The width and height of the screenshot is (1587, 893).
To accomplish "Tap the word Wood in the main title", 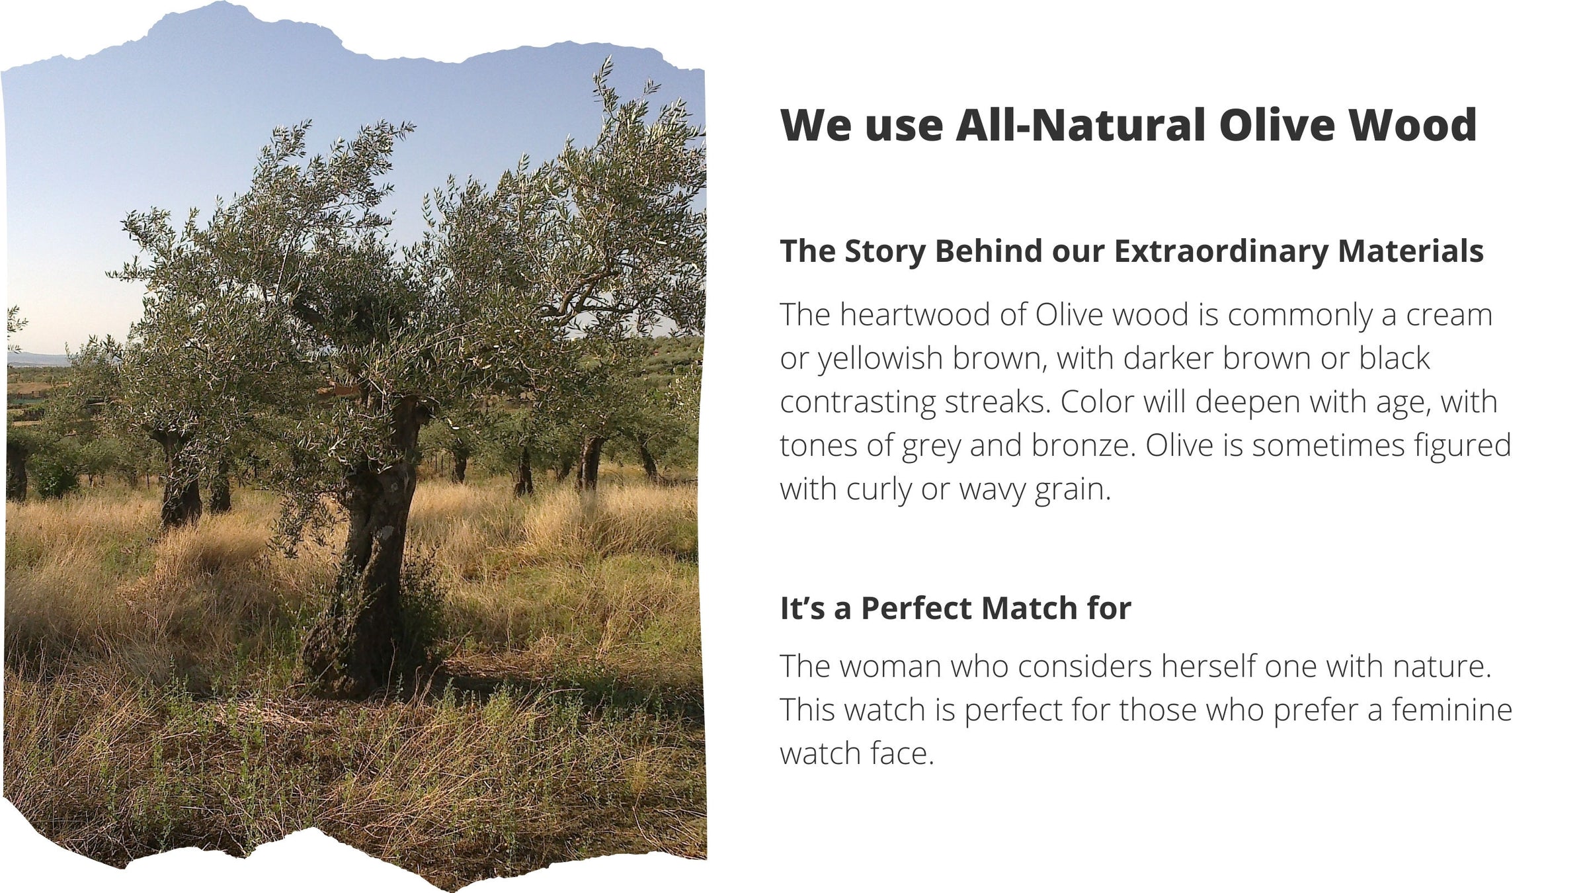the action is (1413, 124).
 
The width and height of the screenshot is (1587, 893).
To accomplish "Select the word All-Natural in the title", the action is (1080, 124).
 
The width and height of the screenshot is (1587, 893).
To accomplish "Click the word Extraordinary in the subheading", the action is (1221, 251).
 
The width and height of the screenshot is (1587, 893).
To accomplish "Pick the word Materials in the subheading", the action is (1410, 251).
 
